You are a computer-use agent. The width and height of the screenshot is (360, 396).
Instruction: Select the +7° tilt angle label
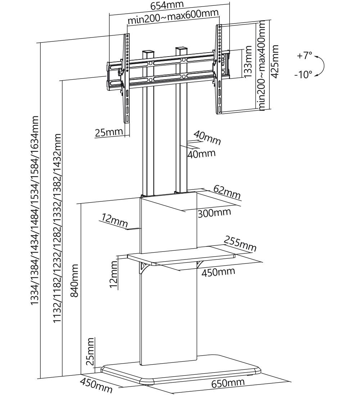tap(305, 56)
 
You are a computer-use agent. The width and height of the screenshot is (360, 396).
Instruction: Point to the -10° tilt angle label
tap(303, 75)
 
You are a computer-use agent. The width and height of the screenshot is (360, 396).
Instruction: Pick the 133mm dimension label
tap(248, 62)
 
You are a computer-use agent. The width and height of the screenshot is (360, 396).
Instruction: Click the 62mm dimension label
tap(227, 192)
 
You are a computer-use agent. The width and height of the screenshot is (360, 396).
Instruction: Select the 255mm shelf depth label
tap(240, 244)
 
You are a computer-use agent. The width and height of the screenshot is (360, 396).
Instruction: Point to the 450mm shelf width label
tap(218, 271)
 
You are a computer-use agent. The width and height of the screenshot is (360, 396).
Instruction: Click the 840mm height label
tap(75, 280)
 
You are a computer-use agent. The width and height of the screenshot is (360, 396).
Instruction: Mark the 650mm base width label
tap(228, 383)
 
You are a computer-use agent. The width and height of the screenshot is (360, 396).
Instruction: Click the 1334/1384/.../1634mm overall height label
tap(35, 210)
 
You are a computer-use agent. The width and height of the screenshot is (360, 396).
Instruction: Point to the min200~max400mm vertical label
tap(262, 65)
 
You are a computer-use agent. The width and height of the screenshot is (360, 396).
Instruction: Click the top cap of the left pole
tap(148, 52)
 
